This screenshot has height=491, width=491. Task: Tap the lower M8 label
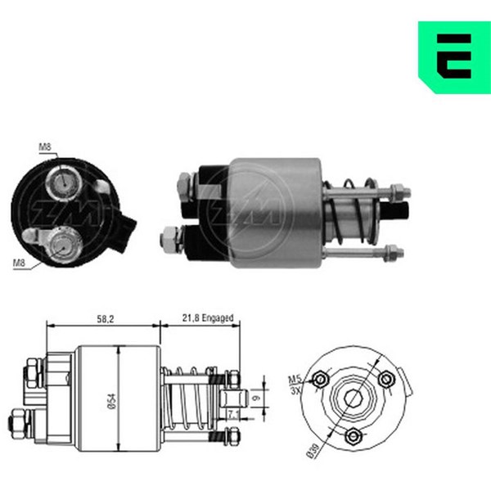[x=20, y=263]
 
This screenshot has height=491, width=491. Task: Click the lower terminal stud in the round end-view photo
[x=65, y=243]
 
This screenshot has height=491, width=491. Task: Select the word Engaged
[x=218, y=318]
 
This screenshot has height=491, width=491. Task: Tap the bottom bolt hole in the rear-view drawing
[x=353, y=435]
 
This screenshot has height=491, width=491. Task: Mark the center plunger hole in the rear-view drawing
[x=353, y=399]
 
